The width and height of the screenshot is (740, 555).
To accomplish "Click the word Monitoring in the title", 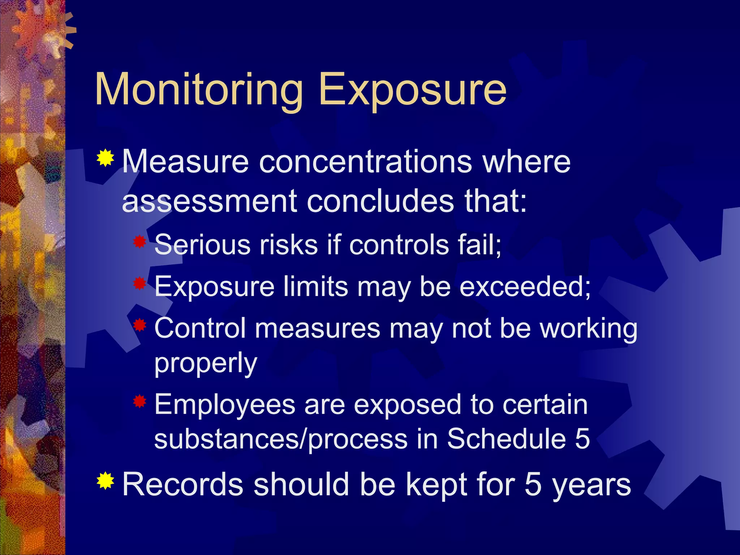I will pos(198,90).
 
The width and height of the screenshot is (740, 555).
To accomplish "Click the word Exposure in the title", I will pos(412,90).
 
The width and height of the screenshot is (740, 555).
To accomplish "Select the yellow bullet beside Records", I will pos(106,481).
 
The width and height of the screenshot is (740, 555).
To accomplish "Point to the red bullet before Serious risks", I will pos(139,242).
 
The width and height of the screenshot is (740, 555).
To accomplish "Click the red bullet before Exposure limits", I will pos(139,283).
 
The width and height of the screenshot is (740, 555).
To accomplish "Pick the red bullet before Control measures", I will pos(139,325).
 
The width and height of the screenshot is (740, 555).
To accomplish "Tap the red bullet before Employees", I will pos(139,401).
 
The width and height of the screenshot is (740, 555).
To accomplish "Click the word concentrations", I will pos(365,162).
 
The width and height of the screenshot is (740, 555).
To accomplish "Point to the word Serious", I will pos(202,245).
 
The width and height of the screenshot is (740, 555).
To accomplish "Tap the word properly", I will pos(206,363).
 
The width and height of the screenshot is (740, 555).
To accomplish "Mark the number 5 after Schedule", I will pos(582,439).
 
